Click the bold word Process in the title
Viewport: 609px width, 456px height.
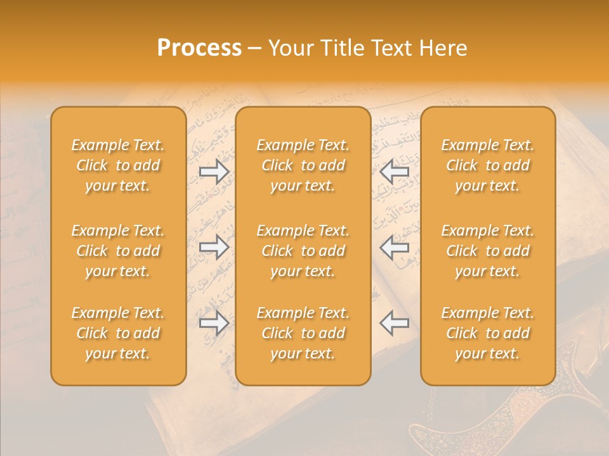click(x=199, y=48)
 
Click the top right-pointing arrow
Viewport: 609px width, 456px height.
click(x=214, y=171)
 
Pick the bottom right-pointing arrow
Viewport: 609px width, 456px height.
click(x=214, y=323)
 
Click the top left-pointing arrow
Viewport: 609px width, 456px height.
click(x=394, y=171)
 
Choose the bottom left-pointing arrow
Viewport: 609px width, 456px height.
click(x=394, y=323)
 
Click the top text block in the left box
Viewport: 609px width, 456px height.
click(x=118, y=165)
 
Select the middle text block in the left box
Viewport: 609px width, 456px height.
click(x=118, y=251)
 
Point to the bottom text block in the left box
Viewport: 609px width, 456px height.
click(x=118, y=333)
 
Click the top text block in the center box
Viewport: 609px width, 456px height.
click(x=303, y=165)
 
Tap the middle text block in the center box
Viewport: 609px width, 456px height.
click(x=303, y=251)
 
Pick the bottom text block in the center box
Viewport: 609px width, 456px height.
click(x=303, y=333)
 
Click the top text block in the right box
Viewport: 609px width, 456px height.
click(x=487, y=165)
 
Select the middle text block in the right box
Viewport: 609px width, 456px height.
click(x=487, y=251)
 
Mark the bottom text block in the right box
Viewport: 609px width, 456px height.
click(x=487, y=333)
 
